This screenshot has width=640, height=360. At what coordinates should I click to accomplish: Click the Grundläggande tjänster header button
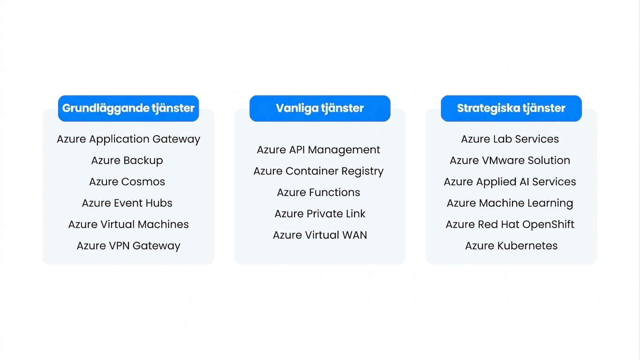[x=128, y=108]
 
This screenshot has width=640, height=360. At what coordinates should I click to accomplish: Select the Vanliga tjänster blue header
[x=320, y=108]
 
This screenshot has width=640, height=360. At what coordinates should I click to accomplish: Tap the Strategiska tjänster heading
[x=511, y=108]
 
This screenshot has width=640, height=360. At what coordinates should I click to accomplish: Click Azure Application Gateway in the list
[x=128, y=139]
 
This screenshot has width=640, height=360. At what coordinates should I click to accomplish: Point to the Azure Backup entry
[x=127, y=161]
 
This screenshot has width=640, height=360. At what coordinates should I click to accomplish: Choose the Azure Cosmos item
[x=127, y=182]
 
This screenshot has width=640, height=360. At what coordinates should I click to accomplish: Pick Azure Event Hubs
[x=127, y=203]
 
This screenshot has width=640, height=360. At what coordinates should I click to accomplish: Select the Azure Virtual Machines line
[x=128, y=225]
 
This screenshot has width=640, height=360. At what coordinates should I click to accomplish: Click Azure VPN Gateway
[x=128, y=246]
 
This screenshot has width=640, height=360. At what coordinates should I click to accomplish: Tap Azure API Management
[x=318, y=150]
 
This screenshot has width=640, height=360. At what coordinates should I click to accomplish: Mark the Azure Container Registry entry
[x=318, y=172]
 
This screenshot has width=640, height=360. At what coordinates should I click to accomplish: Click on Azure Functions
[x=318, y=193]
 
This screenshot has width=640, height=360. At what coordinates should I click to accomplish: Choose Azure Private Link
[x=320, y=214]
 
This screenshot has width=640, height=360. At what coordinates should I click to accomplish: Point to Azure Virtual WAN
[x=320, y=235]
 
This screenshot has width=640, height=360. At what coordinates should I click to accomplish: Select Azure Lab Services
[x=510, y=139]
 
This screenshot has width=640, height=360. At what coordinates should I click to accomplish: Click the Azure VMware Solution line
[x=510, y=161]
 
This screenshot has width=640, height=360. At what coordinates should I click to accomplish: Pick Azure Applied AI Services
[x=510, y=182]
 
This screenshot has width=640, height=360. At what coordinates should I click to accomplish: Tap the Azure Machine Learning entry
[x=510, y=203]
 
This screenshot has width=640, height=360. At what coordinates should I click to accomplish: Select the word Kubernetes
[x=527, y=246]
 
